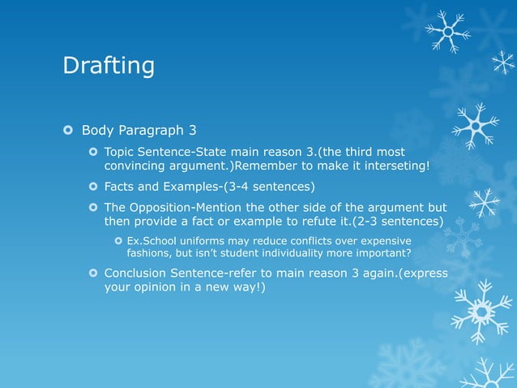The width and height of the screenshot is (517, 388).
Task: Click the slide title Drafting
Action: click(109, 66)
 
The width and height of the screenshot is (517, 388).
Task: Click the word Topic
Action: click(121, 152)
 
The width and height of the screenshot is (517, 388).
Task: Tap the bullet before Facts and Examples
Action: click(92, 187)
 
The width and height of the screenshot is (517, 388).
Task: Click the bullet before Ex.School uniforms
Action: click(118, 241)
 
